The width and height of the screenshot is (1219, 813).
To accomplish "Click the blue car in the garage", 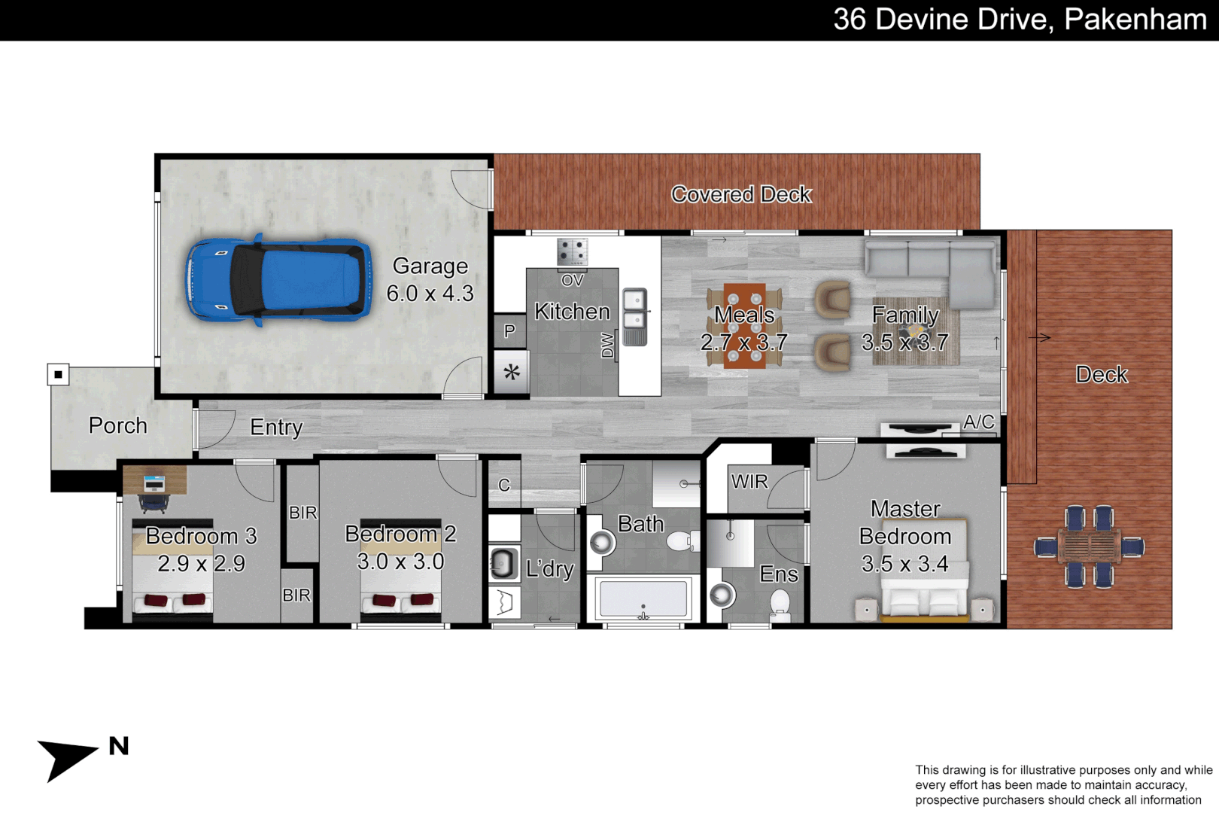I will pos(278,280).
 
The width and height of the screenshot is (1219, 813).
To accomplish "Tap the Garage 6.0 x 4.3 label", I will pos(430,279).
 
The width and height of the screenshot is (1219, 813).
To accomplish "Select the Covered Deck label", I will pos(741,194).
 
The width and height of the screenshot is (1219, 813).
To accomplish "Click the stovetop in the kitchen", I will pos(572,251).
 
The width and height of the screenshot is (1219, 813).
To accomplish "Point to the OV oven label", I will pos(572,281).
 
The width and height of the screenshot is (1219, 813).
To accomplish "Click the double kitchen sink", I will pos(634,309).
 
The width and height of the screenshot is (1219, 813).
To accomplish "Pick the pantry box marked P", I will pos(509,331).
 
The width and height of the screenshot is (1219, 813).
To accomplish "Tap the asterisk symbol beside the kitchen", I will pos(512,373).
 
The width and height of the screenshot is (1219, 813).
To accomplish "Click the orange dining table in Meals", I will pos(744,325).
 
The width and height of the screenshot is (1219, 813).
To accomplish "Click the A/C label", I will pos(978,422).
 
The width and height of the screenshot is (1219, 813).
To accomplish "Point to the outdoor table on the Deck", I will pos(1089,547).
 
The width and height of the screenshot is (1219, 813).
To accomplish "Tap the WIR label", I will pos(749,482).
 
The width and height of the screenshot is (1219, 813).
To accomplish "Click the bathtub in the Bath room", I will pos(643,599).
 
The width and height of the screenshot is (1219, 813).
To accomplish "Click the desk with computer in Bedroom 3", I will pos(154,480).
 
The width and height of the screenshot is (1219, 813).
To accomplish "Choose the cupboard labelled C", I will pos(504,486).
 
